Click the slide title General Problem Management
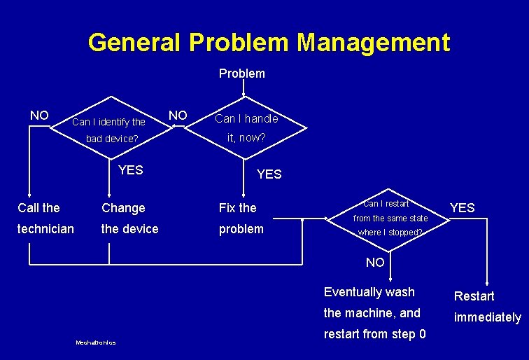pyautogui.click(x=269, y=43)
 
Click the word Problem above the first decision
pyautogui.click(x=242, y=74)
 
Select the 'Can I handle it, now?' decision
pyautogui.click(x=246, y=128)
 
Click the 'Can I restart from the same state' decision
pyautogui.click(x=390, y=218)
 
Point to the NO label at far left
pyautogui.click(x=39, y=115)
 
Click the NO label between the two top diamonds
pyautogui.click(x=178, y=115)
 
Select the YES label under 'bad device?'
pyautogui.click(x=130, y=169)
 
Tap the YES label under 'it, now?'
pyautogui.click(x=269, y=174)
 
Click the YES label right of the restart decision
pyautogui.click(x=462, y=207)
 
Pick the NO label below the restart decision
pyautogui.click(x=376, y=263)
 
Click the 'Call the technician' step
pyautogui.click(x=45, y=219)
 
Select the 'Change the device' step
pyautogui.click(x=130, y=219)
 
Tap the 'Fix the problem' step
pyautogui.click(x=241, y=219)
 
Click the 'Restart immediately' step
pyautogui.click(x=487, y=307)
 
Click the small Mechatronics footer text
pyautogui.click(x=95, y=342)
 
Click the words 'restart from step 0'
pyautogui.click(x=374, y=334)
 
